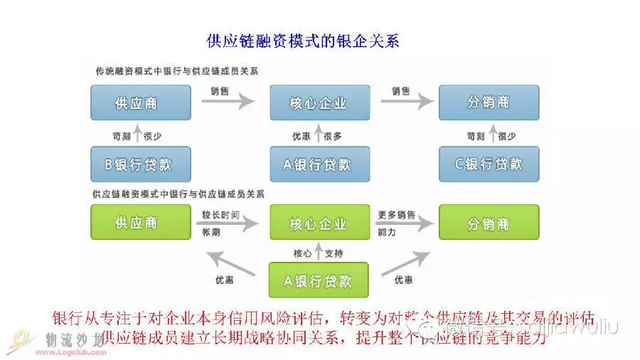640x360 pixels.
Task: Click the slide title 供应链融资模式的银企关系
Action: (302, 41)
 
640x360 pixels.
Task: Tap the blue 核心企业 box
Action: (319, 102)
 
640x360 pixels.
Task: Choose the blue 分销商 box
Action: (489, 102)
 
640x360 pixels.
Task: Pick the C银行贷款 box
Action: (489, 164)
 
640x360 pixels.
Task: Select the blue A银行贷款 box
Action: (319, 164)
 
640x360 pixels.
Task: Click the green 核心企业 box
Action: (319, 223)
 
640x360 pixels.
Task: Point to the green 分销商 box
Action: (489, 223)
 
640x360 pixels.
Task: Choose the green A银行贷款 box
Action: (319, 280)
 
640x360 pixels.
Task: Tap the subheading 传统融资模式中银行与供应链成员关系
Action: (177, 72)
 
